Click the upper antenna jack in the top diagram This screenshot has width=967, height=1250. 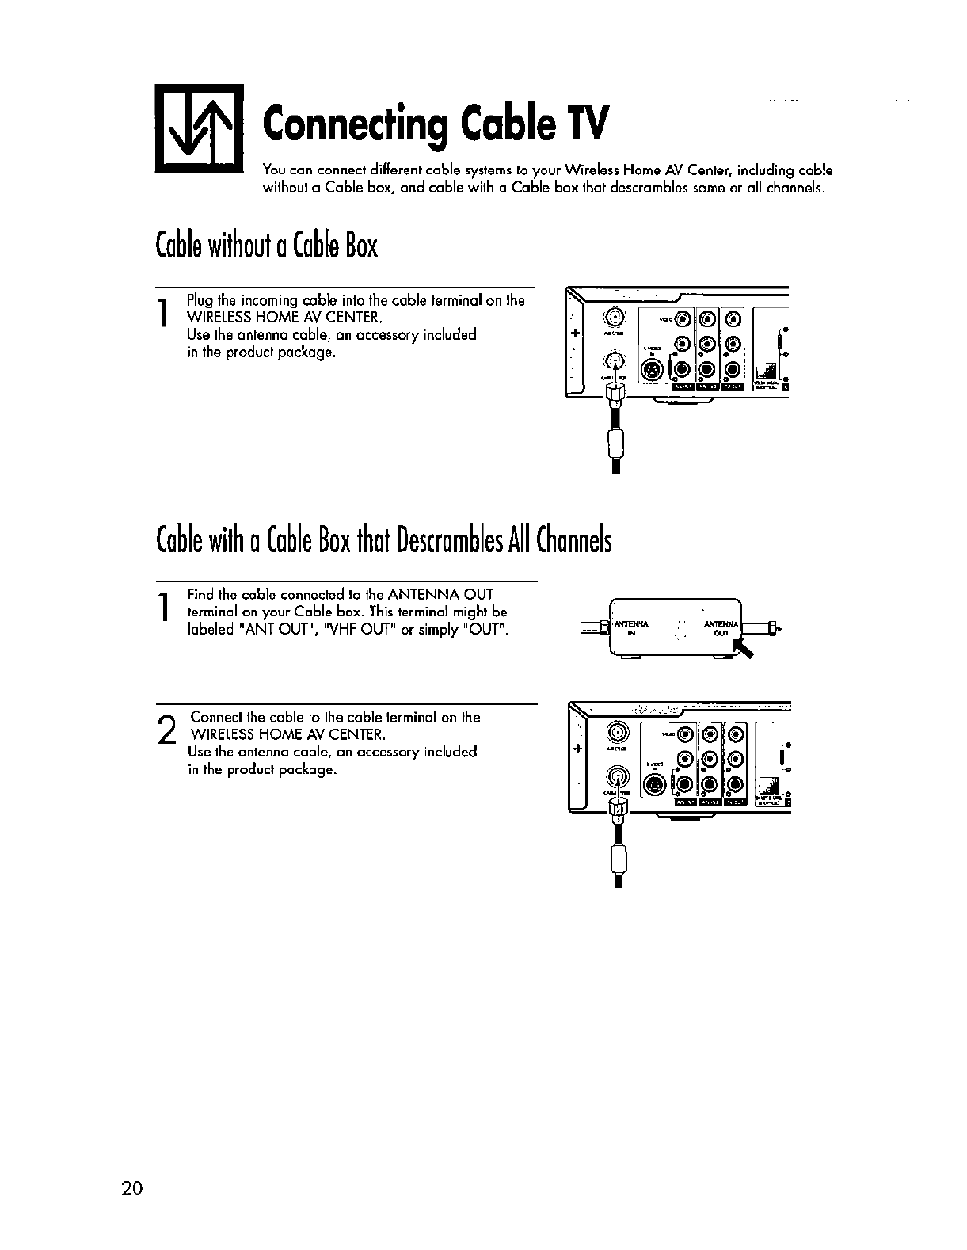coord(614,318)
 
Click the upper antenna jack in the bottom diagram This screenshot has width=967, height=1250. coord(617,731)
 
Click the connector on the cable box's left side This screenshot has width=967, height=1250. coord(591,629)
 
